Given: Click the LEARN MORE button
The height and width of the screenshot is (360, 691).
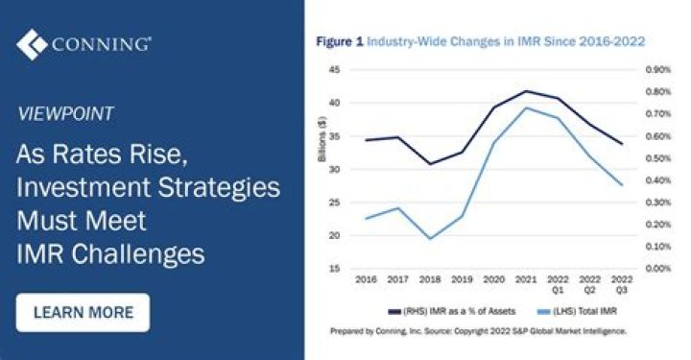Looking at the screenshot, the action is click(83, 312).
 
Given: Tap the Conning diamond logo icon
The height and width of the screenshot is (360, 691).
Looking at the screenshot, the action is click(32, 44).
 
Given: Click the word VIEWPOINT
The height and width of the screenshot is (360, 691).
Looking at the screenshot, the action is click(65, 113).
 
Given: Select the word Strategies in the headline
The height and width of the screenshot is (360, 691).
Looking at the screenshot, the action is click(219, 187).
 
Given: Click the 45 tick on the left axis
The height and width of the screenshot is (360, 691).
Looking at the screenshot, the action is click(335, 70).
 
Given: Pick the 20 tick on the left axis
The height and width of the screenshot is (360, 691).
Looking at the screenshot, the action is click(335, 235).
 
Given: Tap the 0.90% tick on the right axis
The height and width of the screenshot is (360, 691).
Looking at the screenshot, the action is click(658, 70).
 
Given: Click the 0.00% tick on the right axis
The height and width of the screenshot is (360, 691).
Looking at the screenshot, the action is click(658, 269).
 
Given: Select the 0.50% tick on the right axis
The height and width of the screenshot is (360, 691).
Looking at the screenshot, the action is click(658, 158).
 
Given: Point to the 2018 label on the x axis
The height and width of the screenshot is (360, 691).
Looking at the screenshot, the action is click(430, 279).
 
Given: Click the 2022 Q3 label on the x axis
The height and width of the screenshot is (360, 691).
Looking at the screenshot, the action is click(621, 285).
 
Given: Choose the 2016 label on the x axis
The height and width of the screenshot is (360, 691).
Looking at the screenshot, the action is click(367, 279).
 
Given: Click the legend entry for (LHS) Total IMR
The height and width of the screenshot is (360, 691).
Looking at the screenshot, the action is click(577, 312).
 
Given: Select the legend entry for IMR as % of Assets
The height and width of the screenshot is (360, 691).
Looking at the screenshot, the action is click(451, 312).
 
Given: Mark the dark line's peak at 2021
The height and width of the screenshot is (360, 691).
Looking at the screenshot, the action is click(526, 91).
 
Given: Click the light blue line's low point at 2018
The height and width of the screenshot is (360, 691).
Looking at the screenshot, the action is click(430, 239).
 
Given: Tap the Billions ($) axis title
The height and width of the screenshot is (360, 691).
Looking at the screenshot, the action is click(322, 139).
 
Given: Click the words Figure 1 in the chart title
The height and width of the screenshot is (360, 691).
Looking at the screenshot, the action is click(340, 42).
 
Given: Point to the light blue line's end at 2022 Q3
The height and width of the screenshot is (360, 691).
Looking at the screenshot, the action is click(622, 184).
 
